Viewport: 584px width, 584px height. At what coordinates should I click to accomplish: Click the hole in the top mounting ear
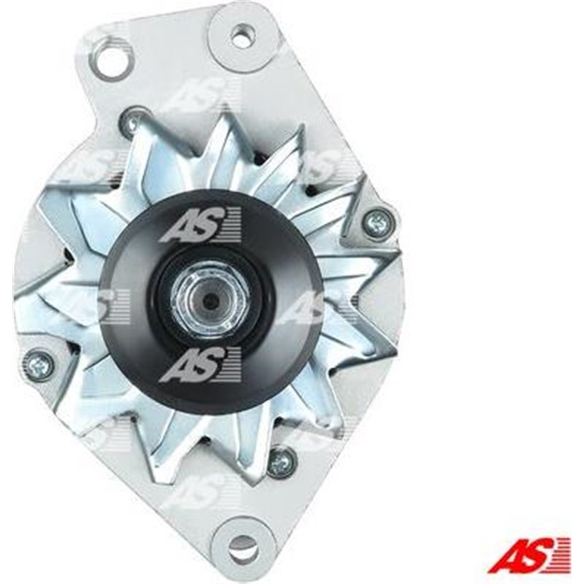click(242, 34)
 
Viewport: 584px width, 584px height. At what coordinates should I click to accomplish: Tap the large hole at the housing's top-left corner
click(109, 57)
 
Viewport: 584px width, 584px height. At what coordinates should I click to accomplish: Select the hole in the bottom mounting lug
click(243, 548)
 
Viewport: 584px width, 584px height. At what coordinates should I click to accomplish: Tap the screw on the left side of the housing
click(38, 364)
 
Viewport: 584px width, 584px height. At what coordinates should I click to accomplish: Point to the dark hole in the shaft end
click(210, 300)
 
